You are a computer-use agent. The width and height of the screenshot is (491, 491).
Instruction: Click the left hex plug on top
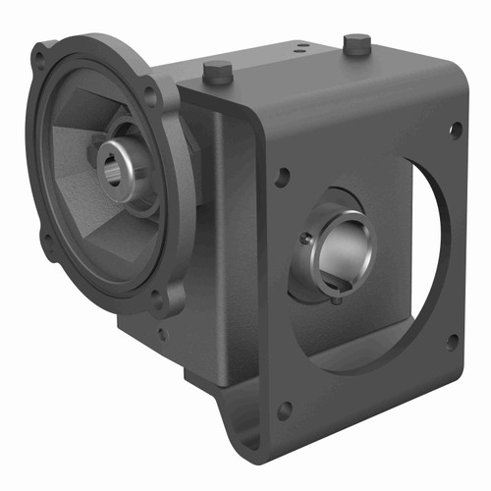pos(217,71)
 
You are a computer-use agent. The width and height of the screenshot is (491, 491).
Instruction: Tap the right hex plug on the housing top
pos(357,44)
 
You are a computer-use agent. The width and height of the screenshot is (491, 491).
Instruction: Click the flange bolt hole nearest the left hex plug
pos(150,95)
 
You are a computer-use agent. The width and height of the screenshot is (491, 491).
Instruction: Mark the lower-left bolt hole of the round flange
pos(45,239)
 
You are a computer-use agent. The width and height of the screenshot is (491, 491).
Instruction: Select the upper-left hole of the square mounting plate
pos(283,177)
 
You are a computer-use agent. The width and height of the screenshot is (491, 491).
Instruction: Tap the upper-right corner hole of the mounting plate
pos(455,129)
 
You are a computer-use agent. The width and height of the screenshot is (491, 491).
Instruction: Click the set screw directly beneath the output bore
pos(337,299)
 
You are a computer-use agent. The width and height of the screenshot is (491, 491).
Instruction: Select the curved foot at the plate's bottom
pos(245,432)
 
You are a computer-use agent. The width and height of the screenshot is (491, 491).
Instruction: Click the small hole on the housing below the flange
pos(161,335)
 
